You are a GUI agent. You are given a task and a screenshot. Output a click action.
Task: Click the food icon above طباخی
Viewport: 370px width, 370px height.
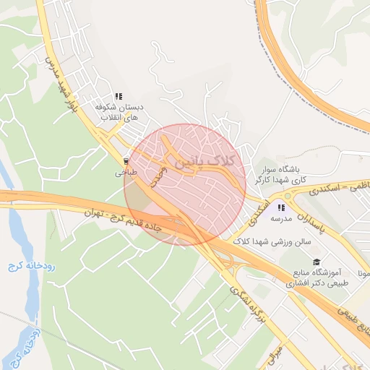tap(126, 161)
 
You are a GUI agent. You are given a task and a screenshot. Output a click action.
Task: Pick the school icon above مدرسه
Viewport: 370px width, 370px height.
tap(281, 207)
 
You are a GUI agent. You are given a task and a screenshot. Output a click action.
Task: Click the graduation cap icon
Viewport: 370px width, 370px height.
tap(316, 262)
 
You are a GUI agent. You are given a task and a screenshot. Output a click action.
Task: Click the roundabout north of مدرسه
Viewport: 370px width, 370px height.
tap(288, 195)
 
